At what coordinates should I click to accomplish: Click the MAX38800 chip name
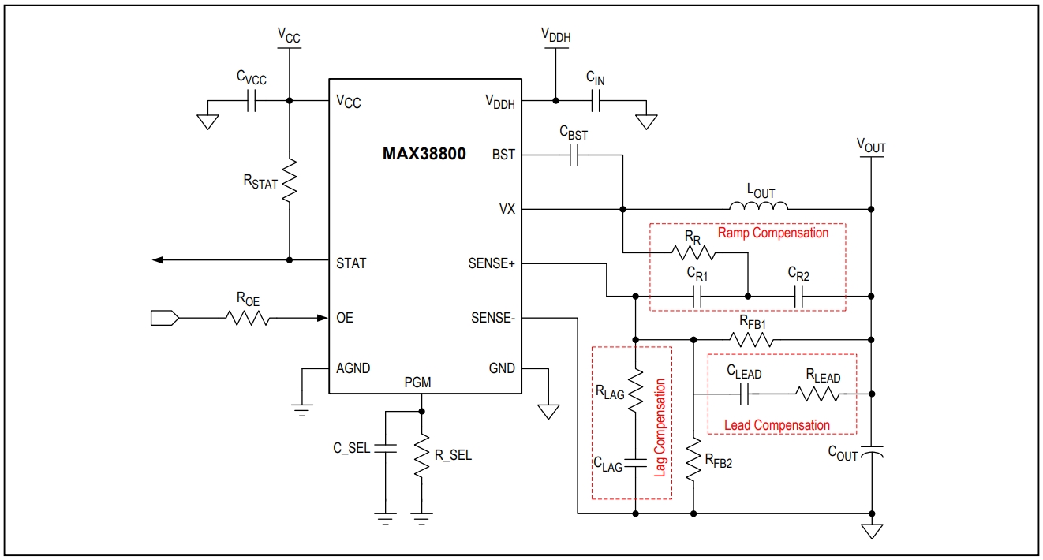click(424, 155)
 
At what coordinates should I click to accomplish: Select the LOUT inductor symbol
click(758, 208)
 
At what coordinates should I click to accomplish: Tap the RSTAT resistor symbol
click(290, 181)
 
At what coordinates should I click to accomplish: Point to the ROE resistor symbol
click(248, 318)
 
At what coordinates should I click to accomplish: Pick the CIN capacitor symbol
click(596, 100)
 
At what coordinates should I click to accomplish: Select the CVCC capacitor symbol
click(251, 100)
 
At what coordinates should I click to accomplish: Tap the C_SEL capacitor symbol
click(385, 448)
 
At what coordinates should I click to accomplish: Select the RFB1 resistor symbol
click(751, 340)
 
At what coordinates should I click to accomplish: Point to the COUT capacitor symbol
click(872, 454)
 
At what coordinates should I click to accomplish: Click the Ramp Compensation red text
click(773, 233)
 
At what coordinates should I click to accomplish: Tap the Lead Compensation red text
click(776, 425)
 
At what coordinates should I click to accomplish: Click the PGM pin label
click(417, 383)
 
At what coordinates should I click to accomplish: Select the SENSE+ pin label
click(491, 263)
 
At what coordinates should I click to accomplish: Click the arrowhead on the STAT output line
click(158, 259)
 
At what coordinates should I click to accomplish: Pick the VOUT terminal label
click(871, 146)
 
